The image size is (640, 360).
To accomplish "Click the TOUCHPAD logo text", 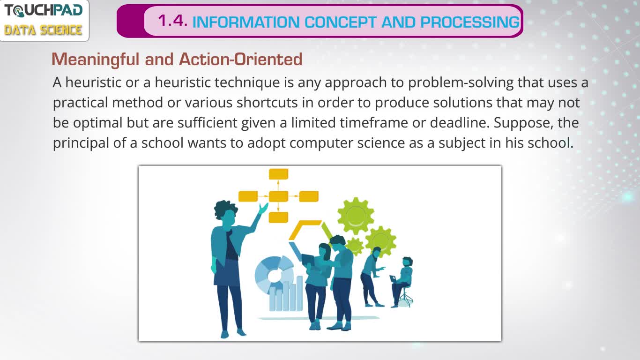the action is [44, 11].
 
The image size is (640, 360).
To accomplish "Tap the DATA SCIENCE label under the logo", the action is [43, 30].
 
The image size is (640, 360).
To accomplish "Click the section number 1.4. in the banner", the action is [172, 21].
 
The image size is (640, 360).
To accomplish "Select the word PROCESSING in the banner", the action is [470, 22].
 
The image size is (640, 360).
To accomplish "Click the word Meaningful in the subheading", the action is [96, 60].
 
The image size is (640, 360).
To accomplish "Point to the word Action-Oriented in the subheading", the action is [240, 59].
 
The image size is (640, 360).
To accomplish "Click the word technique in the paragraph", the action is [247, 82].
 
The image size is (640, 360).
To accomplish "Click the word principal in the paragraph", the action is [81, 143].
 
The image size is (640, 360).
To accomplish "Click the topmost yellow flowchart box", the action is [279, 174].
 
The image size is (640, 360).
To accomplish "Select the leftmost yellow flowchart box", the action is [248, 196].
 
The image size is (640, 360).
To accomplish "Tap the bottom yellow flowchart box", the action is [279, 217].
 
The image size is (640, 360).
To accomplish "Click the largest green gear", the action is [356, 216].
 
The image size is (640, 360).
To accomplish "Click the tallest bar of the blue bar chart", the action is [299, 293].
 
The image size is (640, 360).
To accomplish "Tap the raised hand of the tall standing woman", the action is [263, 208].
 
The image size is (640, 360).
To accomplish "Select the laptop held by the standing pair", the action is [308, 260].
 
